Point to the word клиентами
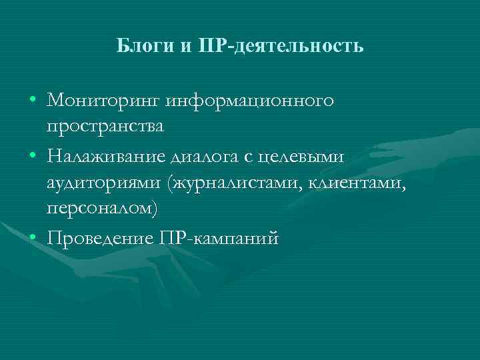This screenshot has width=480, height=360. (x=353, y=182)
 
